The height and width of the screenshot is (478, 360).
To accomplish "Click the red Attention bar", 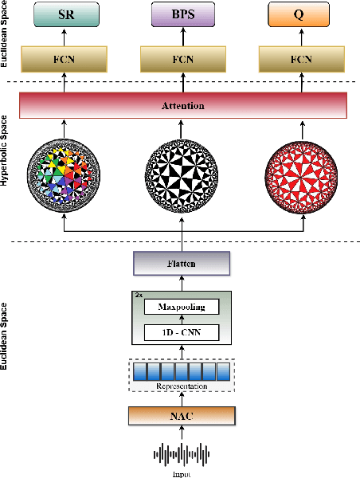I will click(x=183, y=105).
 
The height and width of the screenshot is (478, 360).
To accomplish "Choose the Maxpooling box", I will click(x=183, y=307).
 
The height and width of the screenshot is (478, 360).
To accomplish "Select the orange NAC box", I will click(x=183, y=415).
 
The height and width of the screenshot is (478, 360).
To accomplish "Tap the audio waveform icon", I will click(x=183, y=455).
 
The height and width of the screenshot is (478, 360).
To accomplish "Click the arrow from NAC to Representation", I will click(x=183, y=399).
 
